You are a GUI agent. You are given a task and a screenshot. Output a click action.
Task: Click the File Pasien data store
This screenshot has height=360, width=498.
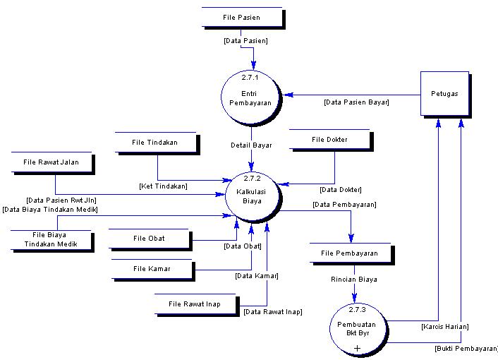coord(241,18)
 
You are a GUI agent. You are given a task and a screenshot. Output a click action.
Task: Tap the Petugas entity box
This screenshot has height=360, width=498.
coord(444,93)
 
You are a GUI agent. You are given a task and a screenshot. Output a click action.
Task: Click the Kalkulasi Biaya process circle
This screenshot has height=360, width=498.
coord(251,196)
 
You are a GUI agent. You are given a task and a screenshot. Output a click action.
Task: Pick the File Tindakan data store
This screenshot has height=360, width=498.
coord(154,143)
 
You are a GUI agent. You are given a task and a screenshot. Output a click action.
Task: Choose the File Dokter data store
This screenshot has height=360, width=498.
coord(329,140)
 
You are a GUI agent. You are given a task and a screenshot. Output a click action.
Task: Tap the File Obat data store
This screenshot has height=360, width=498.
coord(149,239)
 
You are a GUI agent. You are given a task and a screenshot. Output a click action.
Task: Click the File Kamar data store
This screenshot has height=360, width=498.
coord(152,268)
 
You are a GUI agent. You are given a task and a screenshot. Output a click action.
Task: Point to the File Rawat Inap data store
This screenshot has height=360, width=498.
coord(194,304)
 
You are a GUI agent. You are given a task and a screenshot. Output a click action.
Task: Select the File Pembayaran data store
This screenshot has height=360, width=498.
coord(349,253)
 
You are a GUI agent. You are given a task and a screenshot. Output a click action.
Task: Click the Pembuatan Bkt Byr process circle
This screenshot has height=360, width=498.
coord(358,328)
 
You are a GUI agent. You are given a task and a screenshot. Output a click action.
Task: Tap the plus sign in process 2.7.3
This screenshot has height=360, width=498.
coord(358,348)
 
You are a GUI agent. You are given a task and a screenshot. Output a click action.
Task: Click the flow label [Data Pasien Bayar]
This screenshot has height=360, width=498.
coord(356,102)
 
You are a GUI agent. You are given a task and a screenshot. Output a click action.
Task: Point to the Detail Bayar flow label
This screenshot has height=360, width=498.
coord(251,145)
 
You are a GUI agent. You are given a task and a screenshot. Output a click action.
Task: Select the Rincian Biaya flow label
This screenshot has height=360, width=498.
coord(353,280)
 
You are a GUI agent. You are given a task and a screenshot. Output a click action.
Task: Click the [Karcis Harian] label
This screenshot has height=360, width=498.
coord(444,327)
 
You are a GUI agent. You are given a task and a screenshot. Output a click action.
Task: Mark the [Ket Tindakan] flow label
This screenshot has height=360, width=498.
coord(162,186)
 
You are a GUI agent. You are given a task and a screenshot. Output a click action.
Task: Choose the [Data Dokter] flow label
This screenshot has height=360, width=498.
coord(340,189)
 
